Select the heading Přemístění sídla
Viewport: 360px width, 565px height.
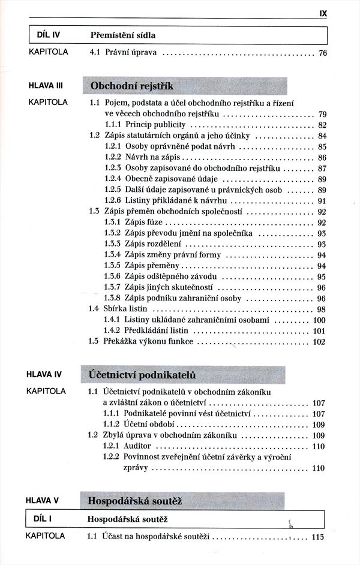[126, 35]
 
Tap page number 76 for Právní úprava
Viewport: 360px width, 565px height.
[322, 53]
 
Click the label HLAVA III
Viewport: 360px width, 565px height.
[46, 86]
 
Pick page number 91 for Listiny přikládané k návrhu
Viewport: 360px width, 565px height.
[322, 201]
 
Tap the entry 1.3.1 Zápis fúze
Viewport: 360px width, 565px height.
[133, 223]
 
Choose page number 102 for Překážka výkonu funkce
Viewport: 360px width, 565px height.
[319, 342]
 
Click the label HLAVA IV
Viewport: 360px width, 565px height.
[46, 375]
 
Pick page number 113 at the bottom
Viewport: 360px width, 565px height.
[318, 537]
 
